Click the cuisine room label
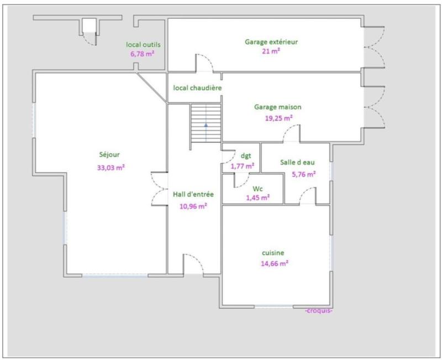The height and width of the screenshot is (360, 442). [273, 253]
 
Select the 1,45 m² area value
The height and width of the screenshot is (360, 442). [258, 197]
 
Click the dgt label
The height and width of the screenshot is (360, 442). [246, 155]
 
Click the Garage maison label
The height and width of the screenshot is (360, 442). [277, 107]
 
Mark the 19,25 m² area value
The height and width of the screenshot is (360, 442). [281, 118]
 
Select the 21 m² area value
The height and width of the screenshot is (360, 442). [271, 51]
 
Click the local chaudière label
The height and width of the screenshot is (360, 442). [197, 87]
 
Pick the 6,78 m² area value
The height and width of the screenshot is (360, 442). [142, 54]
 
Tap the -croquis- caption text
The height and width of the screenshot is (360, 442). [318, 310]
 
